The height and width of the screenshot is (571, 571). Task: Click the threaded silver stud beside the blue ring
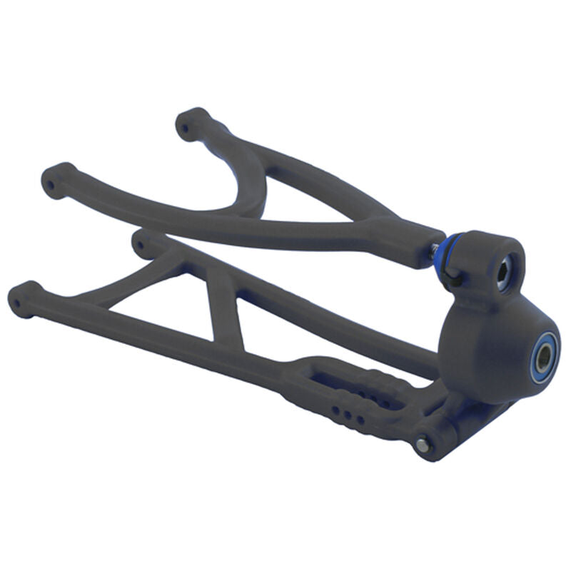pos(433,250)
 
